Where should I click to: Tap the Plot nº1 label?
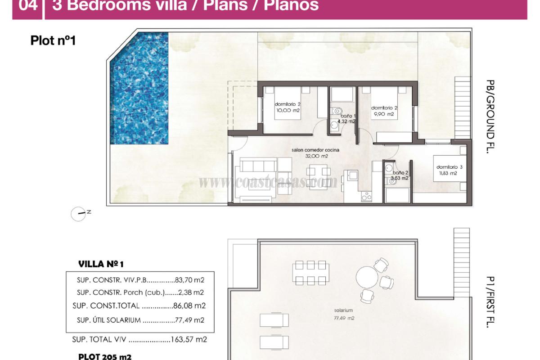pyautogui.click(x=53, y=41)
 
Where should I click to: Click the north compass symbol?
pyautogui.click(x=78, y=214)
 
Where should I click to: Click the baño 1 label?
pyautogui.click(x=345, y=116)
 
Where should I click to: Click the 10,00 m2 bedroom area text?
pyautogui.click(x=288, y=110)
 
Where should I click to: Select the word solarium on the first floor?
pyautogui.click(x=343, y=310)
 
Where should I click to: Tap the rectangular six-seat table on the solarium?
pyautogui.click(x=310, y=272)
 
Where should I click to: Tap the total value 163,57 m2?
pyautogui.click(x=189, y=340)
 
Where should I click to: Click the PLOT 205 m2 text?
pyautogui.click(x=104, y=356)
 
